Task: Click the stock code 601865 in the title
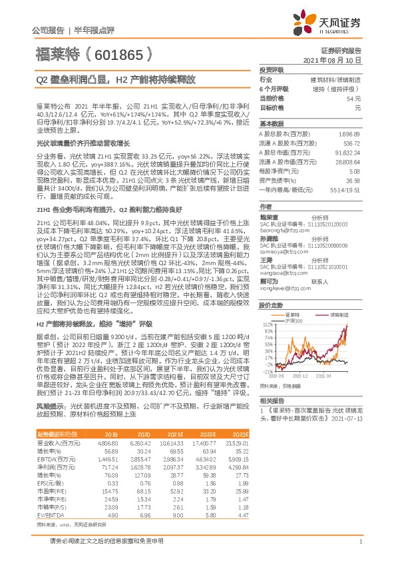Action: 118,53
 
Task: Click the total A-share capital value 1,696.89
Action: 350,133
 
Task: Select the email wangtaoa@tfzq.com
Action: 283,254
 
